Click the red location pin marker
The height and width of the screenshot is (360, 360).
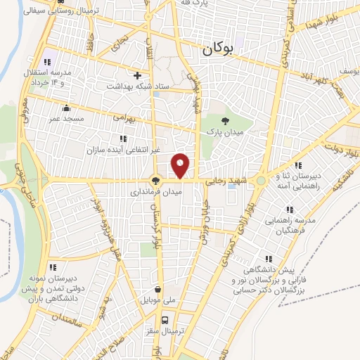(181, 165)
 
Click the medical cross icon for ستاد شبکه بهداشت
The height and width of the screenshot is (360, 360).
(137, 75)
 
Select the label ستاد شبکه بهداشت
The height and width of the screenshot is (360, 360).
(146, 85)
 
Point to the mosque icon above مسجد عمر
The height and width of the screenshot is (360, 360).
(67, 108)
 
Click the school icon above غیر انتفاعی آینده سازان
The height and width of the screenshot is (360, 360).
(124, 139)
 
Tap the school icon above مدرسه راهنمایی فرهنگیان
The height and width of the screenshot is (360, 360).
(290, 209)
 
